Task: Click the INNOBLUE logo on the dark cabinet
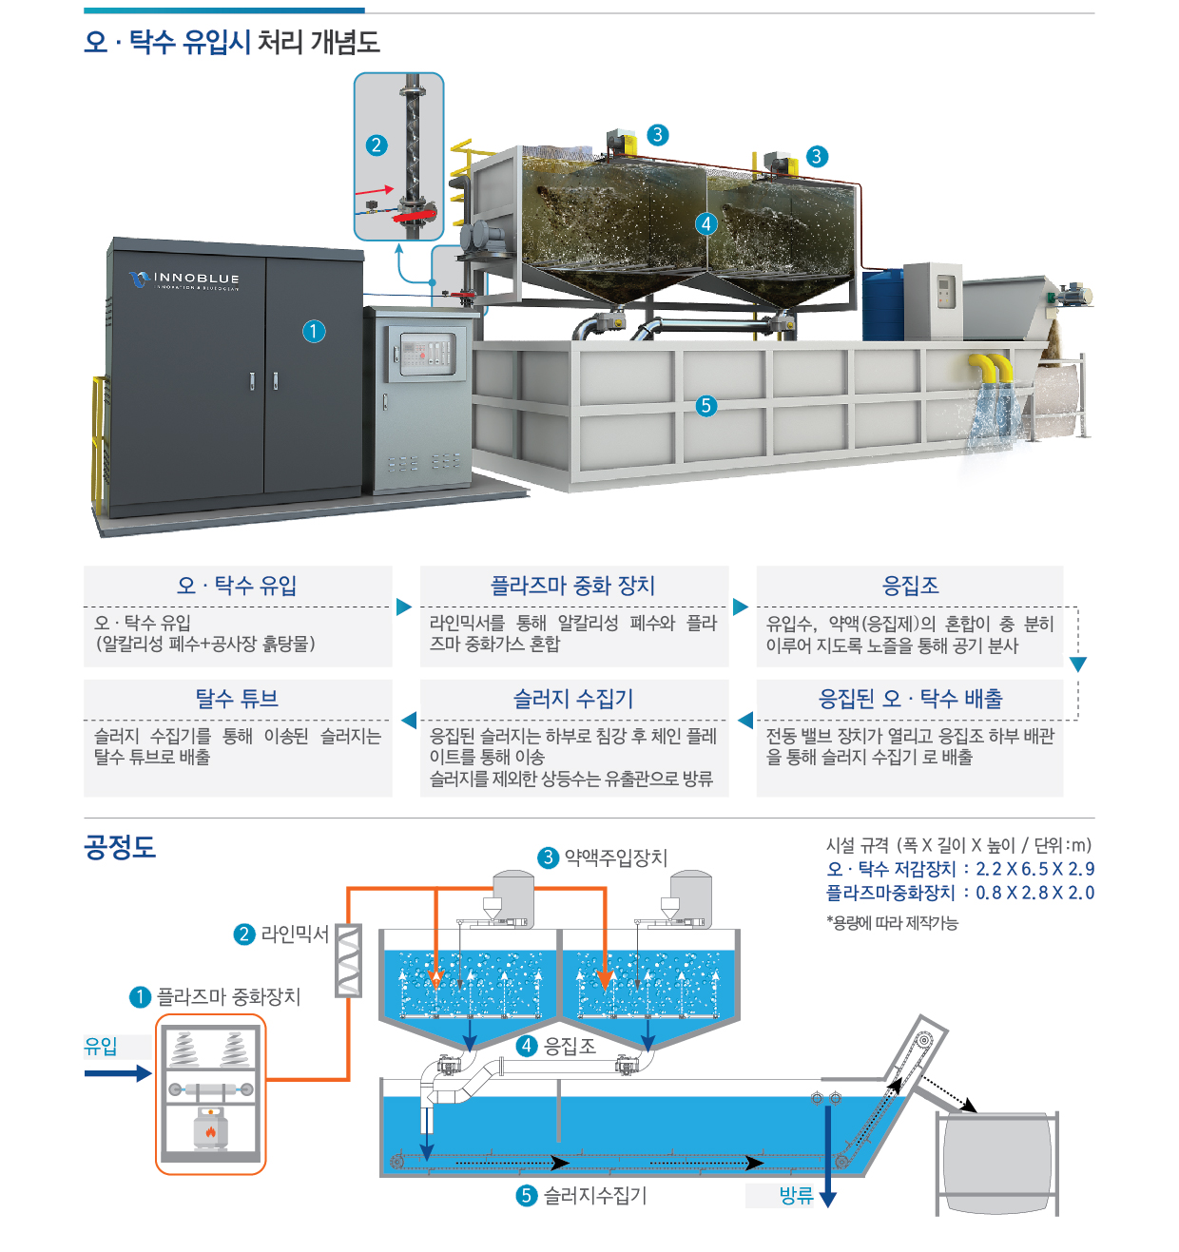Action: (184, 279)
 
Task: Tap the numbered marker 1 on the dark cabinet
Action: (314, 331)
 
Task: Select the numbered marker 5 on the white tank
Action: (705, 405)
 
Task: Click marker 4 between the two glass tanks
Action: (705, 223)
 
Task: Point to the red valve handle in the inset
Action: (416, 216)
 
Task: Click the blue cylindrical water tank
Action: (882, 305)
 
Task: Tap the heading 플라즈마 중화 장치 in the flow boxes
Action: (572, 585)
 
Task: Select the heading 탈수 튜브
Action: (237, 698)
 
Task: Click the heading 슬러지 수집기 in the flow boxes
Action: (572, 698)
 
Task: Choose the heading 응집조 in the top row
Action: (910, 585)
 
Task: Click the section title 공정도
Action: (120, 846)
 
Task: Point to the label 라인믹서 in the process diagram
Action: (295, 934)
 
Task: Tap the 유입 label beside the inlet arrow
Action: (101, 1046)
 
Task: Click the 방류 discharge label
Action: (796, 1195)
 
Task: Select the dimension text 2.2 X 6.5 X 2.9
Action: (1034, 869)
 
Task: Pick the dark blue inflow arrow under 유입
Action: (118, 1073)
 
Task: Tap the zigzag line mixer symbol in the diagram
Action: (348, 960)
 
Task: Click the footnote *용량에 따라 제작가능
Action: (892, 923)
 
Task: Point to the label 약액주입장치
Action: (615, 857)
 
